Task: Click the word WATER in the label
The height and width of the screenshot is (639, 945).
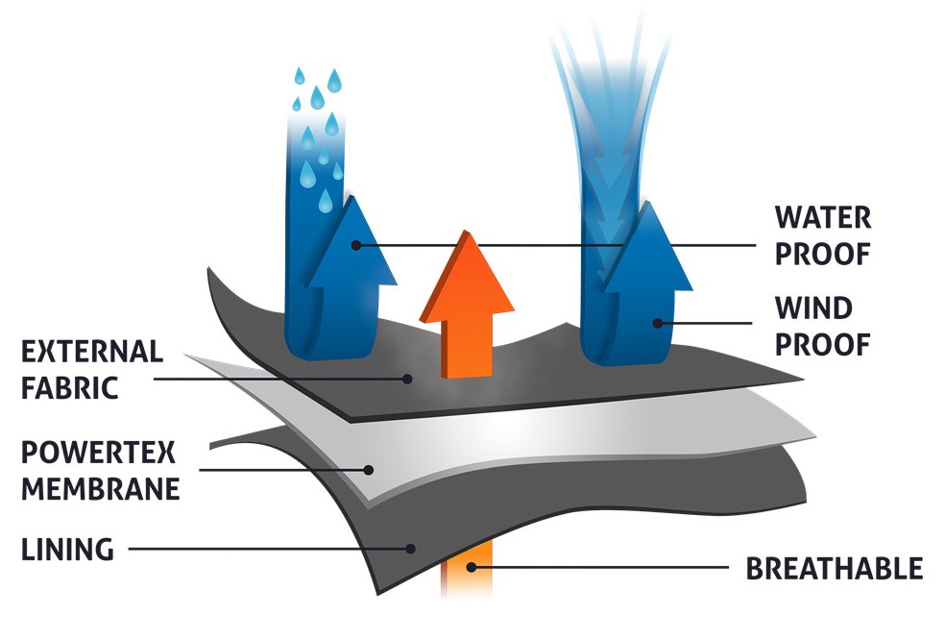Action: point(823,217)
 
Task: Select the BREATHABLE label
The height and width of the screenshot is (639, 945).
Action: point(835,568)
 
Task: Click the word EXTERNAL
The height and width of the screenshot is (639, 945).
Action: point(92,352)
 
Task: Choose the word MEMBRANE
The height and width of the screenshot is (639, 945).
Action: point(100,489)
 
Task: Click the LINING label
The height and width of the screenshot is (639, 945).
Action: point(67,550)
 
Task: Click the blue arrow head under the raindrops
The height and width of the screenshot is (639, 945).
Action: point(350,240)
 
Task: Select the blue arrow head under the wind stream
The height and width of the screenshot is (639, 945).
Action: point(646,248)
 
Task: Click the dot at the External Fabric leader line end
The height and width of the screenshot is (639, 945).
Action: point(409,380)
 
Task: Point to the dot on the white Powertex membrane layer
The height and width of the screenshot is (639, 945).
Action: point(370,470)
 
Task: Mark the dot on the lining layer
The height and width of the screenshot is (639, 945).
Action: point(411,550)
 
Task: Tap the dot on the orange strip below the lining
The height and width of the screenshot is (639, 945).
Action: point(470,568)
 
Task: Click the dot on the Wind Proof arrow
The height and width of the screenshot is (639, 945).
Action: point(658,323)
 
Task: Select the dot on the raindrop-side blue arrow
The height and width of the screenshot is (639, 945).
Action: point(356,245)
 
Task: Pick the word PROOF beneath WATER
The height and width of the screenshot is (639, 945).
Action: point(822,254)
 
